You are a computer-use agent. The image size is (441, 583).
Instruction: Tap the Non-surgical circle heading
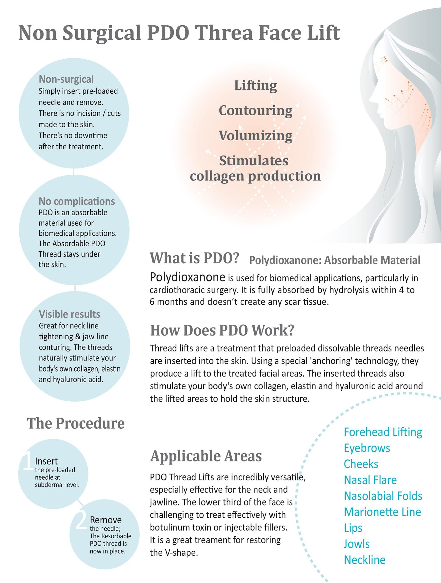pyautogui.click(x=66, y=79)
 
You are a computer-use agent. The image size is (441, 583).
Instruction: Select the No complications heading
pyautogui.click(x=77, y=202)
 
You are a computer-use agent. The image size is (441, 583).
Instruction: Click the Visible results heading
pyautogui.click(x=69, y=314)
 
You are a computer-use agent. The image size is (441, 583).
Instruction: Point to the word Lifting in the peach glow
pyautogui.click(x=256, y=86)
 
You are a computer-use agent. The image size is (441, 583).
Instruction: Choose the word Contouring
pyautogui.click(x=256, y=111)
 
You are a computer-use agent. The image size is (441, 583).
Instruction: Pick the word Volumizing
pyautogui.click(x=256, y=136)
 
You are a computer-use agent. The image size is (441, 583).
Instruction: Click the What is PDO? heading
pyautogui.click(x=194, y=258)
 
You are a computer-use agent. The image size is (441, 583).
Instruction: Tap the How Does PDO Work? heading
pyautogui.click(x=222, y=330)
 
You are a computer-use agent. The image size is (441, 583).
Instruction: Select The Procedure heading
pyautogui.click(x=76, y=423)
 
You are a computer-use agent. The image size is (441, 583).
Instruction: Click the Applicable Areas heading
pyautogui.click(x=206, y=456)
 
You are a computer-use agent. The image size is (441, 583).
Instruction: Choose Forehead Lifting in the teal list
pyautogui.click(x=383, y=432)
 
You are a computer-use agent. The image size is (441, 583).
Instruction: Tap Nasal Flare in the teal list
pyautogui.click(x=370, y=480)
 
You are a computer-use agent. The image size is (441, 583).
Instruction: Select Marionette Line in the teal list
pyautogui.click(x=383, y=512)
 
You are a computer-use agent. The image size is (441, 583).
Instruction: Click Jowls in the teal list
pyautogui.click(x=357, y=544)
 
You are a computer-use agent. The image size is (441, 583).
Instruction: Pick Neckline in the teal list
pyautogui.click(x=365, y=560)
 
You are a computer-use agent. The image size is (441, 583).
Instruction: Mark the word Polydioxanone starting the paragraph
pyautogui.click(x=187, y=277)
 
